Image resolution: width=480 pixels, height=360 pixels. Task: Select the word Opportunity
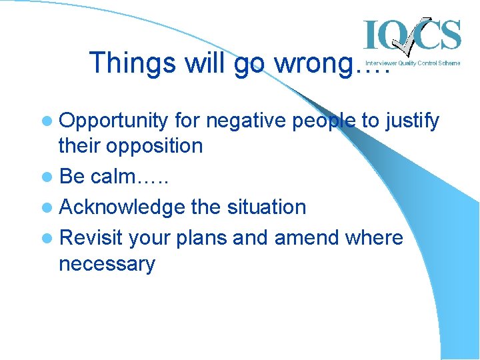[x=113, y=121]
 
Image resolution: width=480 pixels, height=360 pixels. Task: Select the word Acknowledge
[x=122, y=207]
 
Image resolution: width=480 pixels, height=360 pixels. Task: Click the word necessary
[x=107, y=264]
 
